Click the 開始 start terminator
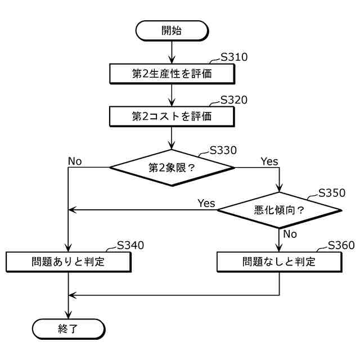coord(172,31)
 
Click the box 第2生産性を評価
coord(172,73)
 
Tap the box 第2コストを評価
coord(172,116)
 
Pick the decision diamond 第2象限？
coord(172,167)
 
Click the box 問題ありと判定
coord(69,262)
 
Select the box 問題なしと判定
coord(279,262)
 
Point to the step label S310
coord(234,57)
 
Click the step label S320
coord(234,101)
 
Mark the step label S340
coord(130,245)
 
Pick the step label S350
coord(332,192)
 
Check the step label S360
coord(341,245)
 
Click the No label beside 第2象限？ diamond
coord(75,161)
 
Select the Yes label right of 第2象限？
coord(269,161)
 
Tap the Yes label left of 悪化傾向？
coord(206,203)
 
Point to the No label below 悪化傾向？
coord(290,233)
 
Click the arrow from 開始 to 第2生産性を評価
coord(172,51)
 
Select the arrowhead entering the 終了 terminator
coord(69,316)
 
